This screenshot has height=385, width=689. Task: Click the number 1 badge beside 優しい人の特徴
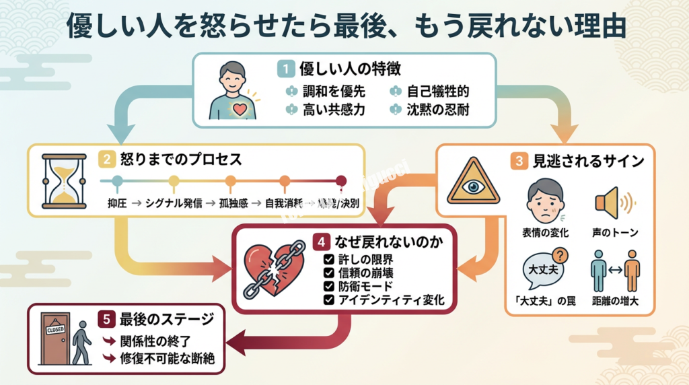point(286,69)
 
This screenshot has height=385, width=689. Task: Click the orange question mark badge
point(560,255)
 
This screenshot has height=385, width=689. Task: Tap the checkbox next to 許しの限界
point(328,259)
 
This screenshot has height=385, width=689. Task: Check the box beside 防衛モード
point(328,287)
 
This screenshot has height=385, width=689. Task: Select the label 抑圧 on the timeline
point(116,203)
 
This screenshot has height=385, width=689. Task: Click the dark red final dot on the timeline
point(341,180)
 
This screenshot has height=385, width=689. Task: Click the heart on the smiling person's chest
point(240,108)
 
